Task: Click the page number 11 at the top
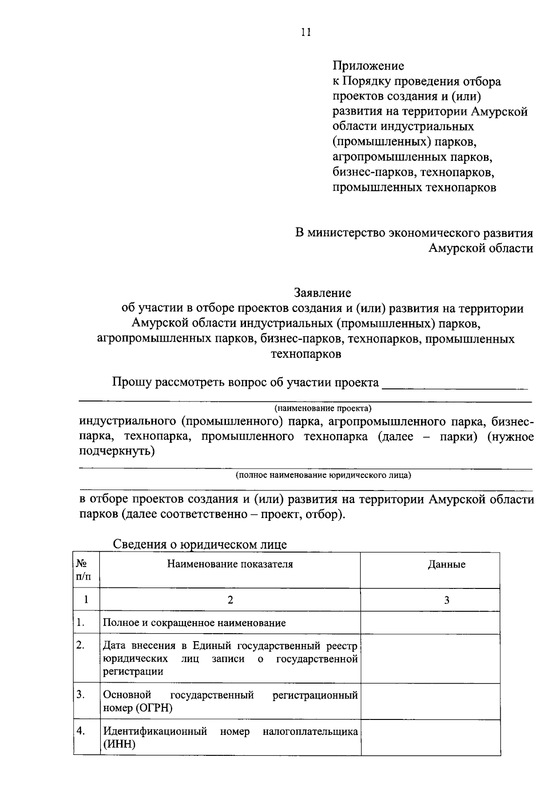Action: click(306, 32)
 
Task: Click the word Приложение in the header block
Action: click(368, 66)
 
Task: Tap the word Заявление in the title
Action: click(322, 293)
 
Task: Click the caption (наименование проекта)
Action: click(323, 408)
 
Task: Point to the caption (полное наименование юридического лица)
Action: click(323, 475)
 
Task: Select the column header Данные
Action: click(446, 565)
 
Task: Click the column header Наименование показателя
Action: click(230, 564)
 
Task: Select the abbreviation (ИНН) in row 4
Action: click(119, 744)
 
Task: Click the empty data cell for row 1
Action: click(430, 623)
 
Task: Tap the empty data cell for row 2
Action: click(430, 658)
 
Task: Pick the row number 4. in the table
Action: click(81, 731)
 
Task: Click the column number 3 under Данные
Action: click(446, 600)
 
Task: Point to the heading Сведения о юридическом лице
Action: click(200, 544)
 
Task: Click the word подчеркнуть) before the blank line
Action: click(116, 452)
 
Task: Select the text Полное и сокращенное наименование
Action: click(194, 623)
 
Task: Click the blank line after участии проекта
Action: click(455, 385)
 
